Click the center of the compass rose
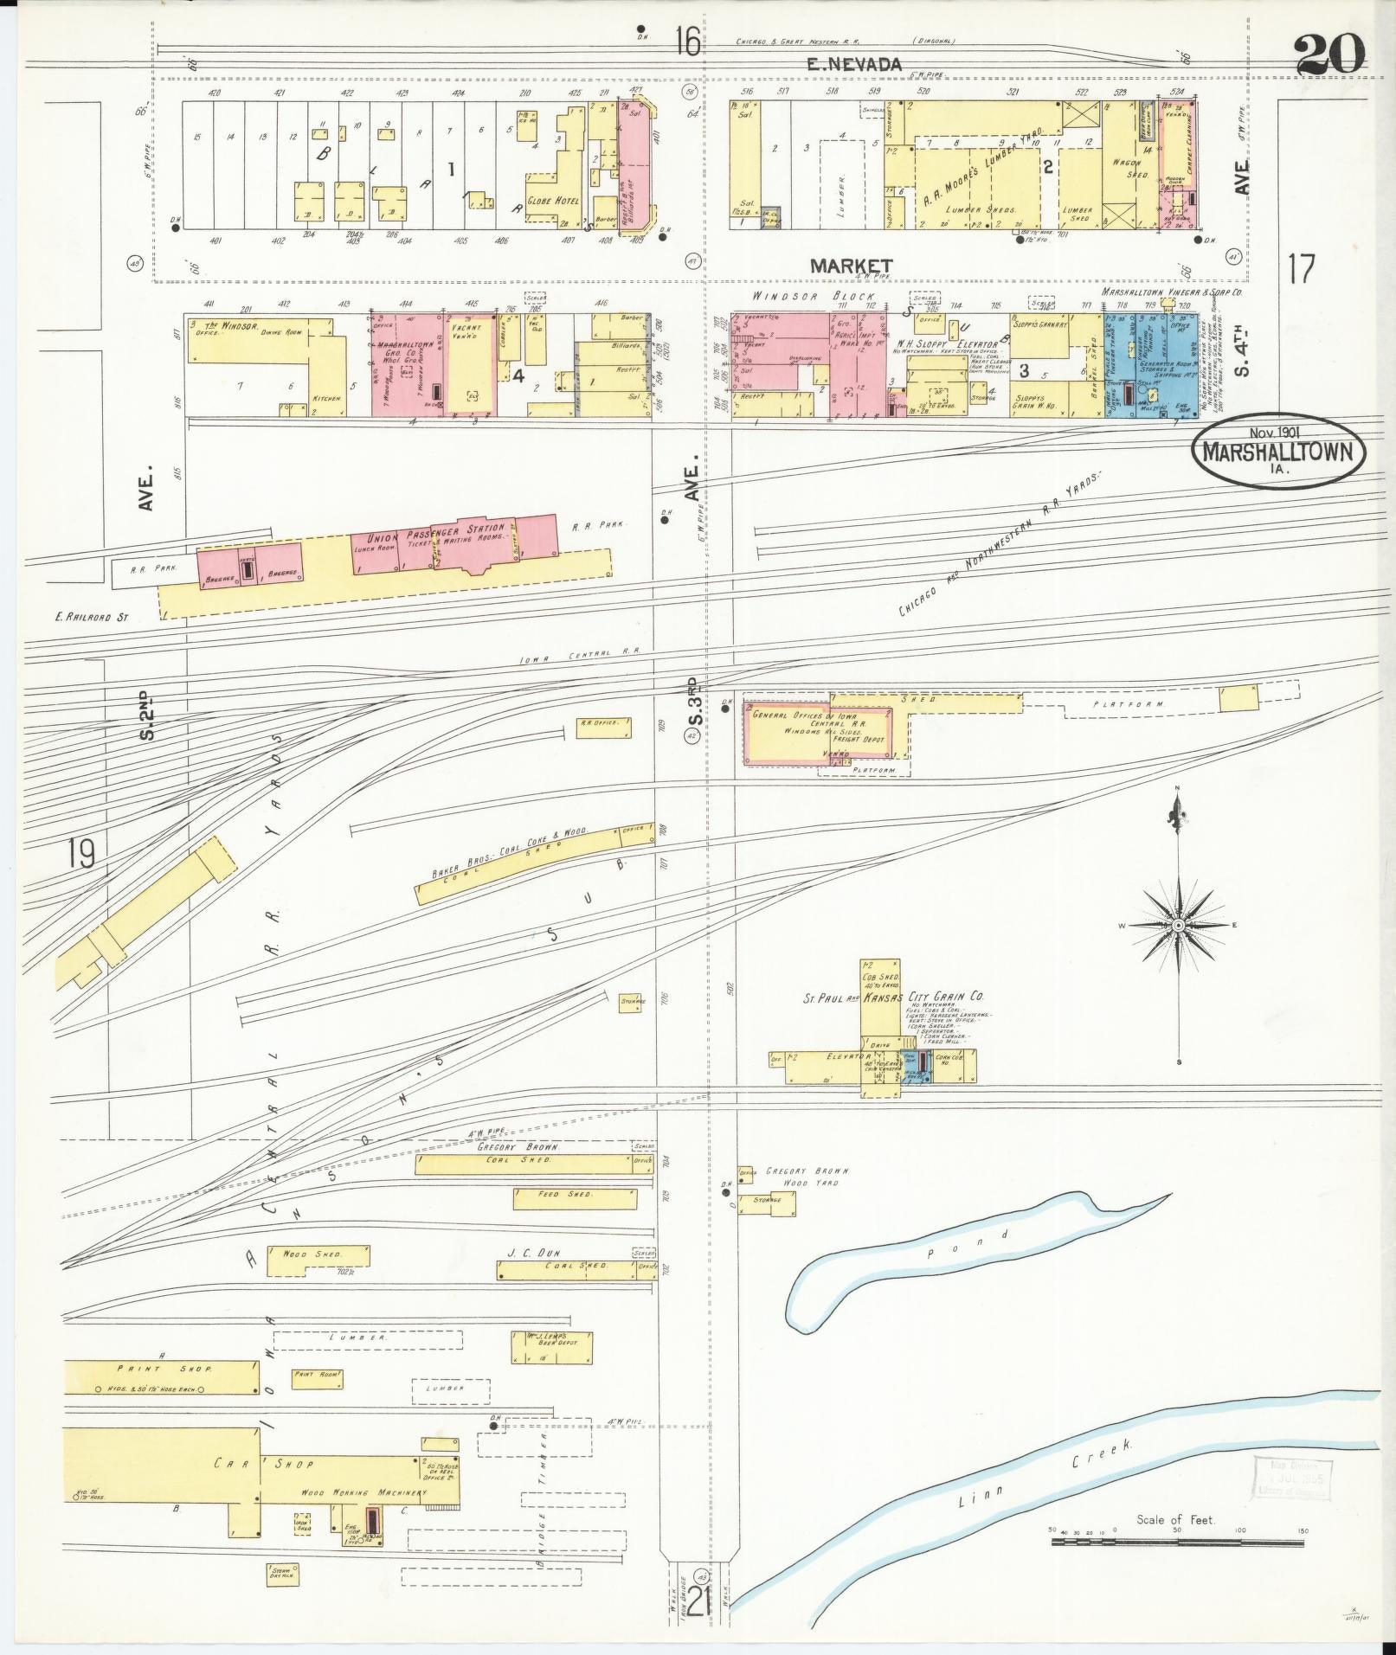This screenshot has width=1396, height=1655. coord(1178,925)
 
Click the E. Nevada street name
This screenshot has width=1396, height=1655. coord(854,63)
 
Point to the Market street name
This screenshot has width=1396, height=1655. coord(851,266)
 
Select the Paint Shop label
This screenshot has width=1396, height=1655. coord(152,1393)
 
